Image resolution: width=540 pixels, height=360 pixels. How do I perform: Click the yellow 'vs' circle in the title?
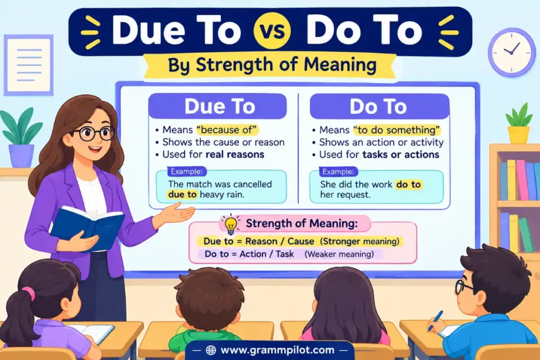click(x=272, y=30)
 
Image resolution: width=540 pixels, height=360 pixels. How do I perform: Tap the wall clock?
click(x=512, y=52)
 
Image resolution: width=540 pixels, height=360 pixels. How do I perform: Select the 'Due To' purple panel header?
click(x=218, y=106)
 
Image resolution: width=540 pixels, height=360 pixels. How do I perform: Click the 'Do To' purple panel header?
click(x=380, y=106)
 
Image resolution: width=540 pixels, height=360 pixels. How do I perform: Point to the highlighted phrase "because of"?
click(x=227, y=130)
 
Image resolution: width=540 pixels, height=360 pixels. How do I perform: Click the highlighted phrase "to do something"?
click(x=397, y=130)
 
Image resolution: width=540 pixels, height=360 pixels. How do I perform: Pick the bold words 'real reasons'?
click(x=235, y=154)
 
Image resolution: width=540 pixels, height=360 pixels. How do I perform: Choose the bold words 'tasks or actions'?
click(x=401, y=154)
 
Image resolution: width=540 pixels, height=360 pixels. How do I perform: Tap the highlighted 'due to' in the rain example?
click(x=182, y=194)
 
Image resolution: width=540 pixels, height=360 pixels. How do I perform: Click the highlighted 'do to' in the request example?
click(x=409, y=184)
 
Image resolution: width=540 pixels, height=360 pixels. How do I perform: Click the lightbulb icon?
click(x=230, y=225)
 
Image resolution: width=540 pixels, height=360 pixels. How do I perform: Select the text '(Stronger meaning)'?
click(x=360, y=241)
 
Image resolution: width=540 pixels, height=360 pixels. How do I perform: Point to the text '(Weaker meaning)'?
click(x=339, y=254)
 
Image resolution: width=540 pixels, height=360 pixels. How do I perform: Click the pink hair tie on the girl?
click(x=28, y=294)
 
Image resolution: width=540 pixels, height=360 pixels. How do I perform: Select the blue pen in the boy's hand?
click(x=435, y=321)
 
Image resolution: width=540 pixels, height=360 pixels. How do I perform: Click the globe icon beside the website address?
click(x=211, y=350)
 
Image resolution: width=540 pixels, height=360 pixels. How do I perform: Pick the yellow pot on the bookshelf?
click(x=518, y=134)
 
